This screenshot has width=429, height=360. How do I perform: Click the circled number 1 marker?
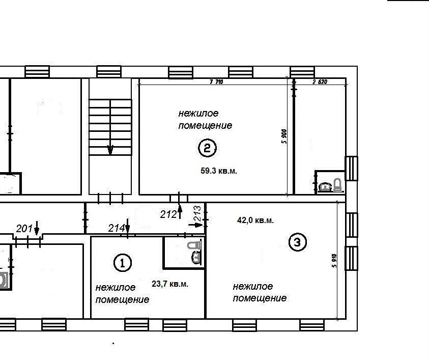coord(122,263)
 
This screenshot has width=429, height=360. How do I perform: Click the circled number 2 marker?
coord(207,148)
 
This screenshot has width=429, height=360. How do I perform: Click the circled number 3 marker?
coord(298,242)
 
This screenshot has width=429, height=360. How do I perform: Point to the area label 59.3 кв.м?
coord(219,171)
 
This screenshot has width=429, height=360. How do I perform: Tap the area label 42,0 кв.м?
coord(255,220)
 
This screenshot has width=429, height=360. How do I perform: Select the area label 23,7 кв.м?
coord(170,284)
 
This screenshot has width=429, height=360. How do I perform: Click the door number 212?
coord(168,214)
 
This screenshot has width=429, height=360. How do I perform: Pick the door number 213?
coord(197,213)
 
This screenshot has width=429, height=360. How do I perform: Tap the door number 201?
coord(24,228)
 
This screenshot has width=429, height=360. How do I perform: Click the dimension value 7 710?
coord(216,82)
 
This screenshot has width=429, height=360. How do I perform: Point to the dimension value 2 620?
coord(320,82)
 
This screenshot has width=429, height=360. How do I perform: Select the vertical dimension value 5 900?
coord(284,136)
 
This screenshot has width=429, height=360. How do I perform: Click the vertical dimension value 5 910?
coord(334,261)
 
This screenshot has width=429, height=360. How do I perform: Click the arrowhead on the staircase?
coord(110,150)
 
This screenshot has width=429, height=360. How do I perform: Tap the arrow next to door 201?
coord(37,228)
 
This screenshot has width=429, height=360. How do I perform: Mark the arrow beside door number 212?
coord(180,212)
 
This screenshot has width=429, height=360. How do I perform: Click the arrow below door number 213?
coord(195,225)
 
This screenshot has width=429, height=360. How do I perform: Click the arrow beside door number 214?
coord(128,226)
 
